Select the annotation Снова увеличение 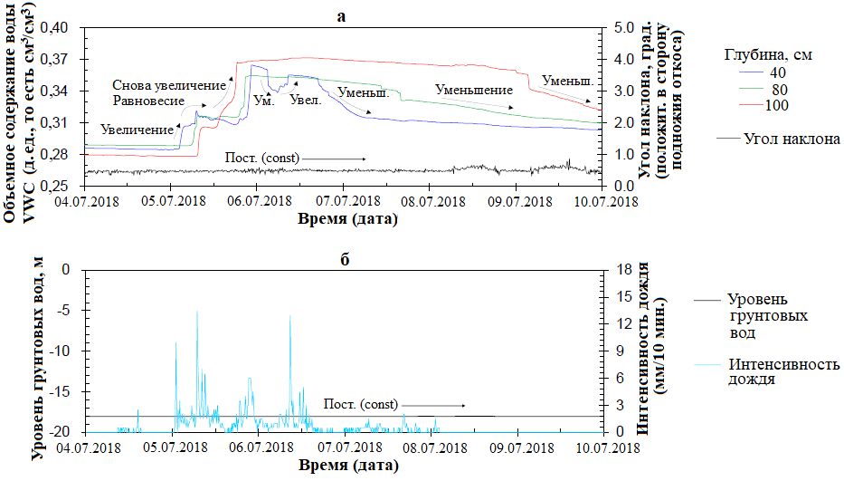[x=168, y=84]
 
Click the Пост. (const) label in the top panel [x=262, y=158]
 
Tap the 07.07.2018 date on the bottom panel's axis [x=344, y=447]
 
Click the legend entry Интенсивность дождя [x=783, y=372]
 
